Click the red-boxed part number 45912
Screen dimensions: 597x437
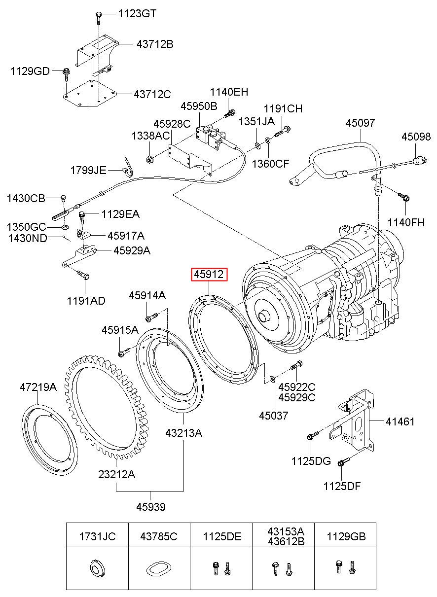210,275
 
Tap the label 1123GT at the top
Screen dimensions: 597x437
137,14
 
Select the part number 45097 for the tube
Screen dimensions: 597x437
360,123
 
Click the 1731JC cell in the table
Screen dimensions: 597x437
98,536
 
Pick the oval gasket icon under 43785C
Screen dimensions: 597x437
158,569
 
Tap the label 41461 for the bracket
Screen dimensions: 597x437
400,421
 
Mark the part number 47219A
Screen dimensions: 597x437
38,387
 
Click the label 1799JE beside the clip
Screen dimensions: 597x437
88,171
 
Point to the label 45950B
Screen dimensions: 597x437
198,106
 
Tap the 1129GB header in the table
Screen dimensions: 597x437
346,536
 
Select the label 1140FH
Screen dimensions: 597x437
406,222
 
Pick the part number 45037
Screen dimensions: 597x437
273,416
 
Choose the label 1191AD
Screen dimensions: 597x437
86,300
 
